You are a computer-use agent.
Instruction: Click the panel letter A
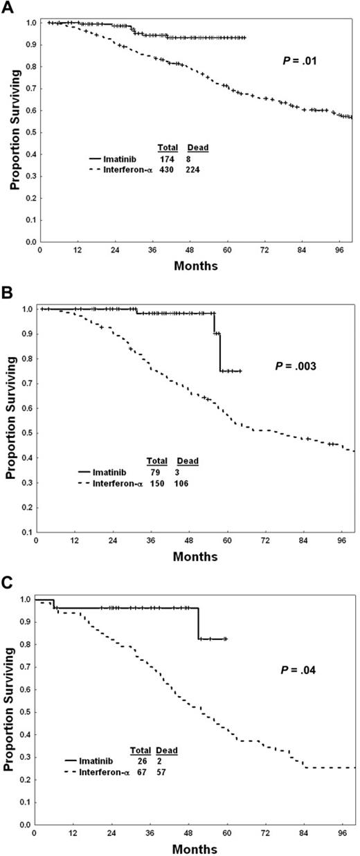pos(7,6)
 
